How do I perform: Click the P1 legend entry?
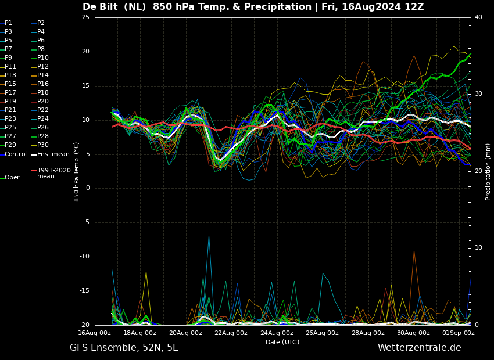click(6, 23)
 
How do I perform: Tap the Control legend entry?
click(13, 154)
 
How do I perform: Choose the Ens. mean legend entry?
click(50, 154)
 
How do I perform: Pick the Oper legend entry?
click(10, 178)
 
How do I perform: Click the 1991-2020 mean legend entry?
click(51, 173)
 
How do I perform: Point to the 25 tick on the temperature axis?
click(85, 17)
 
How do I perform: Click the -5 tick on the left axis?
click(85, 222)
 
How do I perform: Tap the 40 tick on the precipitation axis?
click(478, 17)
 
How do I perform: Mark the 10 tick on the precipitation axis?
click(478, 248)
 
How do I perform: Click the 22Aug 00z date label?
click(231, 333)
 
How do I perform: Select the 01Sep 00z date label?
click(459, 333)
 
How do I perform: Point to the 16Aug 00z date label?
click(95, 333)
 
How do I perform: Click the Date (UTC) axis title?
click(282, 342)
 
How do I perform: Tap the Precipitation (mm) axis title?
click(488, 171)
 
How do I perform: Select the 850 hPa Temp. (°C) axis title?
click(77, 172)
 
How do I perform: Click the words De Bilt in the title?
click(100, 6)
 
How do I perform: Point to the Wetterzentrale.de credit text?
click(420, 348)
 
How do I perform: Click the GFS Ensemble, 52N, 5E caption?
click(124, 348)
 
